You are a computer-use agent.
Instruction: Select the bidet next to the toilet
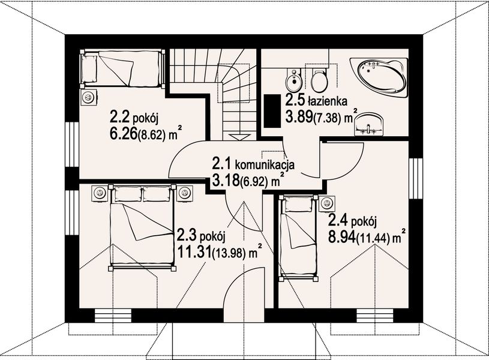(x=293, y=79)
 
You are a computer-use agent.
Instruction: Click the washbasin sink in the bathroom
(x=369, y=124)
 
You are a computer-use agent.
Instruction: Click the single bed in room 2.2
(x=122, y=68)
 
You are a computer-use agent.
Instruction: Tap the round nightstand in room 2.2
(x=89, y=97)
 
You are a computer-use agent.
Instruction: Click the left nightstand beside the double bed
(x=100, y=193)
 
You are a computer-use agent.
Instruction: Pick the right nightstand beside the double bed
(x=185, y=193)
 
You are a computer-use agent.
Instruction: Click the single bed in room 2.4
(x=299, y=237)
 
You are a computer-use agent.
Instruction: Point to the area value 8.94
(x=341, y=236)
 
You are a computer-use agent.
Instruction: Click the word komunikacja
(x=266, y=163)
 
